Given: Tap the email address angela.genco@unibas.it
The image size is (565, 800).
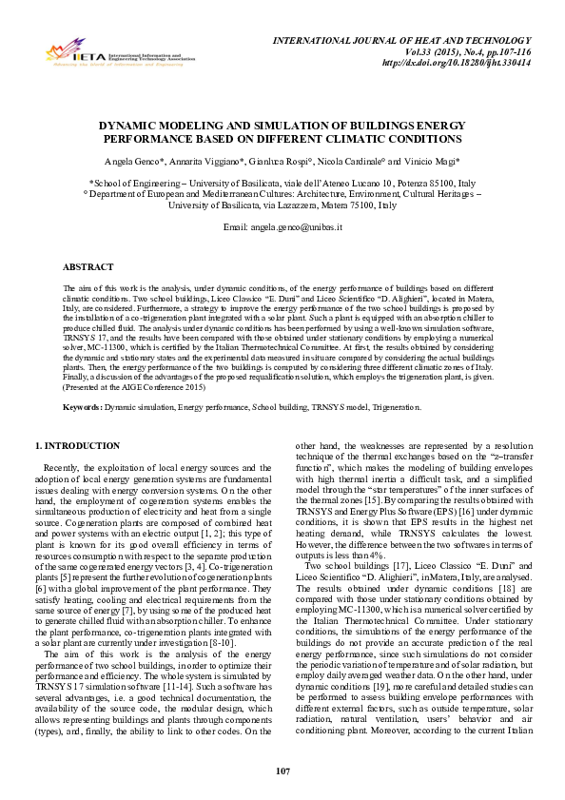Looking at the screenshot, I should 282,228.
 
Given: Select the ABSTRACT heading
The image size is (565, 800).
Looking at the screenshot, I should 88,267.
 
